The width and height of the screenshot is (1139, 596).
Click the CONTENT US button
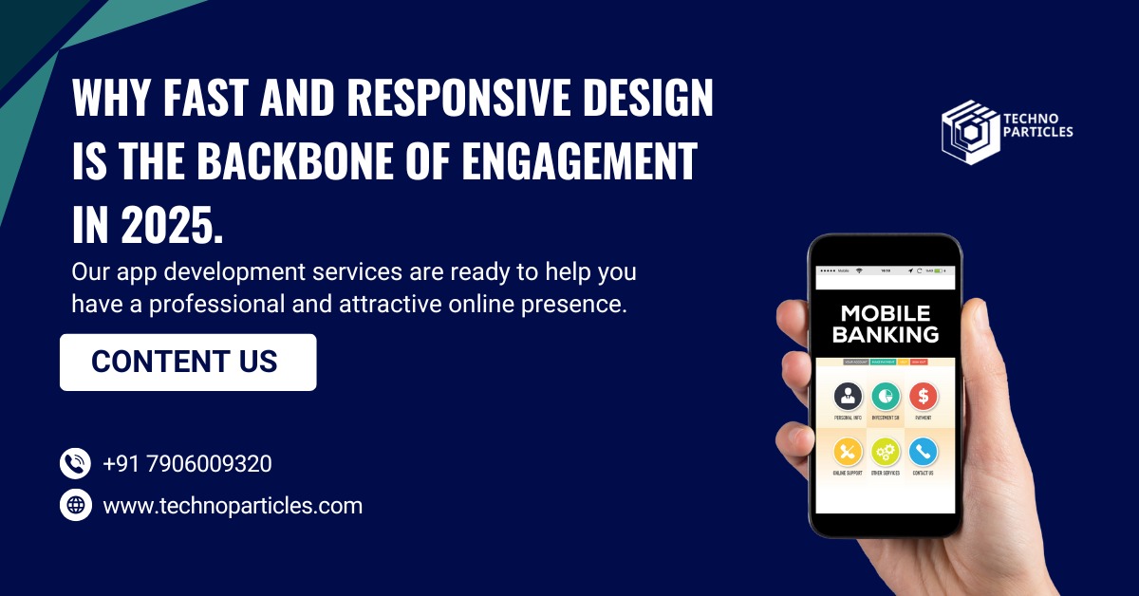[x=187, y=362]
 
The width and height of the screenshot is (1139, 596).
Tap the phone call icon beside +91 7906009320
[x=76, y=463]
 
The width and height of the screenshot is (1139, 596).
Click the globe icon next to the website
[x=76, y=504]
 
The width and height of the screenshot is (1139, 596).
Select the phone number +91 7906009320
[x=187, y=464]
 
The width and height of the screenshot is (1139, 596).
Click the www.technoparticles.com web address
[x=233, y=506]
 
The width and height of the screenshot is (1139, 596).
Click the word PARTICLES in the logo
[x=1037, y=132]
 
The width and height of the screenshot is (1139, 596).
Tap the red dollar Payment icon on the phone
[x=923, y=396]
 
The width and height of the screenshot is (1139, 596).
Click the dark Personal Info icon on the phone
[x=848, y=396]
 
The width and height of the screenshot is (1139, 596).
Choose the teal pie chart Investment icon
[x=885, y=396]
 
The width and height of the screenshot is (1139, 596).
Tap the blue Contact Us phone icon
[x=923, y=451]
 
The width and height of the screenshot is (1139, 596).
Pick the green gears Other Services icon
[x=885, y=451]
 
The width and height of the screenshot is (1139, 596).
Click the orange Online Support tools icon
[x=848, y=451]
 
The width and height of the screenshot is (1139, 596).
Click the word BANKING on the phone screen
[x=886, y=334]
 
